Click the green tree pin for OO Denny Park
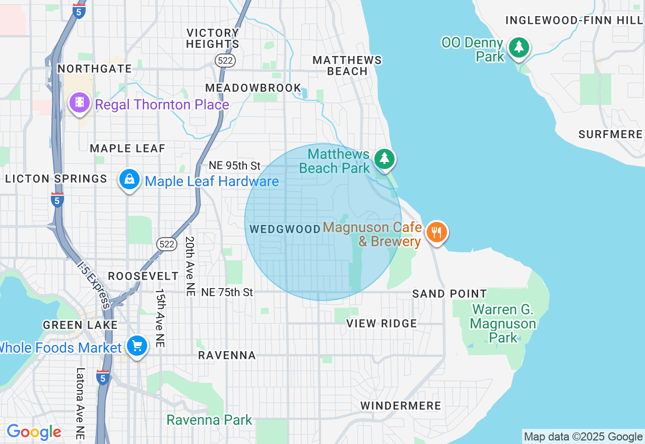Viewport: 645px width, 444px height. tap(519, 48)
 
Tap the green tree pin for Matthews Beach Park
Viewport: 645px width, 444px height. tap(384, 159)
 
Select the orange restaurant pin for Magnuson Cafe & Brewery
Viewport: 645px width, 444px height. tap(436, 233)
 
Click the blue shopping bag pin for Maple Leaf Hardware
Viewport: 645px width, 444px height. tap(130, 180)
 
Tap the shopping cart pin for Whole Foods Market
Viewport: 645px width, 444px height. tap(137, 347)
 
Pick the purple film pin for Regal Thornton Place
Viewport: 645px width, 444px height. tap(79, 103)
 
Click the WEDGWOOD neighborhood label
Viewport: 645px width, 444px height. tap(285, 229)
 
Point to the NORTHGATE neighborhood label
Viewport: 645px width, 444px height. tap(95, 69)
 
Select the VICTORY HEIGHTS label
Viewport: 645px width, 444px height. tap(213, 38)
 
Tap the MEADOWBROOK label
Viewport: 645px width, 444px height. tap(253, 88)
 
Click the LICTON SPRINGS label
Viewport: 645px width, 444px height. tap(56, 179)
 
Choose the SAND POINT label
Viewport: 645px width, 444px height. tap(449, 294)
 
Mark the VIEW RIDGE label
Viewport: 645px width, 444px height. tap(381, 323)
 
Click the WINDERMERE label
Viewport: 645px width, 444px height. tap(401, 406)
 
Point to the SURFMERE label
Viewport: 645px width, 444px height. tap(610, 134)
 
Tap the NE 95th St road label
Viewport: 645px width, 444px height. tap(235, 165)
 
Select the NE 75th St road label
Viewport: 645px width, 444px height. tap(227, 292)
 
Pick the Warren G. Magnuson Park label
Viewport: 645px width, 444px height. tap(502, 323)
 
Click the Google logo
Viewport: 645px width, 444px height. tap(34, 432)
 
